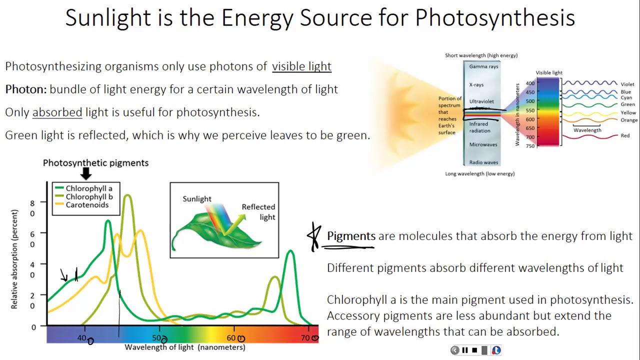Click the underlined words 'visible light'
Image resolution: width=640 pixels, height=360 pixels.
point(301,66)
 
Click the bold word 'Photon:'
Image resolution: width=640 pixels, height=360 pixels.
point(26,89)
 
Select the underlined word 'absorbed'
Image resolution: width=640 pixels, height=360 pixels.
point(57,112)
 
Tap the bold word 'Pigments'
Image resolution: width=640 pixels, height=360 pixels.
point(351,236)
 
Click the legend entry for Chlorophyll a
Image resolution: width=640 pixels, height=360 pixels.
point(88,188)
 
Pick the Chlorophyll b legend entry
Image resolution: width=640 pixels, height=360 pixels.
point(88,196)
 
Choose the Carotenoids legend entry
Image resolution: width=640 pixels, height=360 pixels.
point(86,205)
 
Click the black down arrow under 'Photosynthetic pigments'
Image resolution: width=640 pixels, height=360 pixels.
point(86,173)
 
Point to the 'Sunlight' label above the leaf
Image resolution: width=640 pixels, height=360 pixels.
point(196,199)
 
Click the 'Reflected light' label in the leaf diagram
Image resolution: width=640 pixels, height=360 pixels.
point(258,212)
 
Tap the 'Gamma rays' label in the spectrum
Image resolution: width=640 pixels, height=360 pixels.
point(483,66)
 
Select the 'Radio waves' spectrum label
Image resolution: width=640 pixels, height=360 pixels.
point(483,162)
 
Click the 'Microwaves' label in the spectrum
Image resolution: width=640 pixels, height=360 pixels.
point(483,144)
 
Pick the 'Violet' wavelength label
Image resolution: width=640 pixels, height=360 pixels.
point(627,84)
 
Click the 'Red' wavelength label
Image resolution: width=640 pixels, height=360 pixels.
point(625,135)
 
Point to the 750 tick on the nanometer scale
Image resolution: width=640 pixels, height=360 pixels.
point(529,146)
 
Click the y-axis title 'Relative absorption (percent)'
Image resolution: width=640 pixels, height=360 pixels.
point(14,259)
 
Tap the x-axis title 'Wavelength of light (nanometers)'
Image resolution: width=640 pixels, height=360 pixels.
point(185,347)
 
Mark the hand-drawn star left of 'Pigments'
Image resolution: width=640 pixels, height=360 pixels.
point(314,236)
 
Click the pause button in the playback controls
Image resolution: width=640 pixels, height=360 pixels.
point(464,350)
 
